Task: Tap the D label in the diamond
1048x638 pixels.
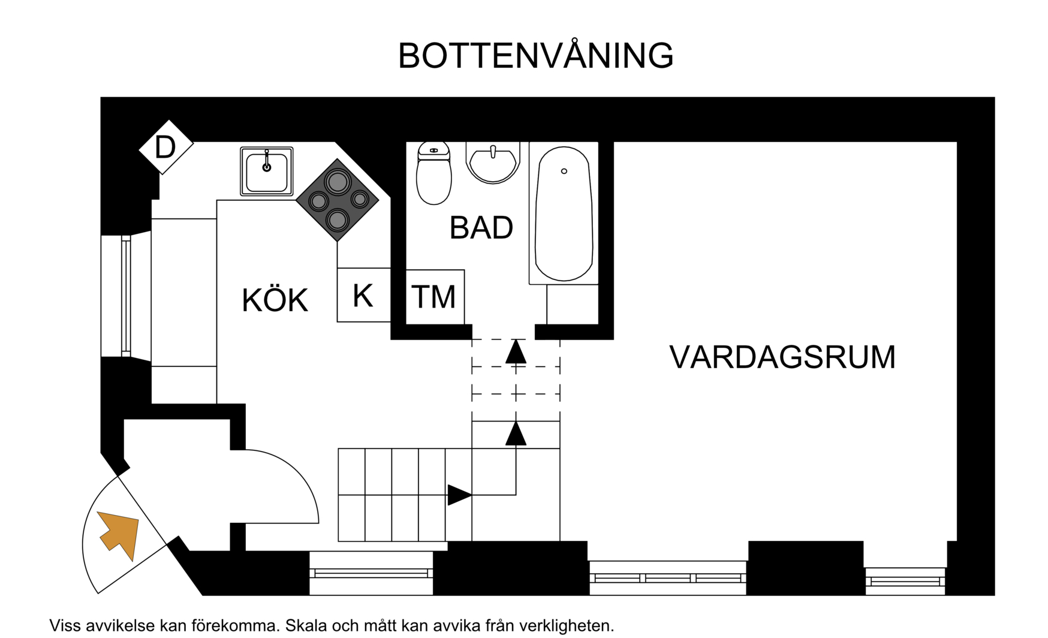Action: point(165,147)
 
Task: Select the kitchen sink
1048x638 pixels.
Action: point(267,171)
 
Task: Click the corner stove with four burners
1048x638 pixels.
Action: point(338,200)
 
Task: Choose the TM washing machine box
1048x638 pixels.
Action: point(435,297)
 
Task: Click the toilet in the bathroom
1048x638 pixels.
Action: point(433,173)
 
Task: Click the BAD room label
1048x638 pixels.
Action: point(481,228)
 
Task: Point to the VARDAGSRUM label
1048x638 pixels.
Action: point(782,357)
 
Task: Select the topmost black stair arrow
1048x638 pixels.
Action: point(516,352)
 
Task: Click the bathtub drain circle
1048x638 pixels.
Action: point(564,171)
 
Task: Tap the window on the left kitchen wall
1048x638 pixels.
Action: point(126,296)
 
